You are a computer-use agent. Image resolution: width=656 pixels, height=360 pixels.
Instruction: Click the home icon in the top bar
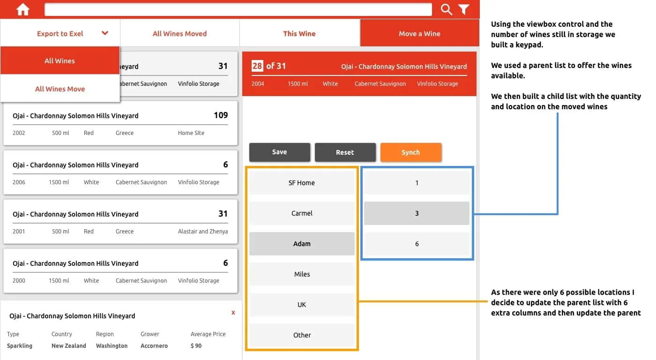(22, 10)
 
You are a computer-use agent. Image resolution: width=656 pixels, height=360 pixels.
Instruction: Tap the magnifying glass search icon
(447, 9)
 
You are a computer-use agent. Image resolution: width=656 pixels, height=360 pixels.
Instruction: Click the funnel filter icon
(463, 9)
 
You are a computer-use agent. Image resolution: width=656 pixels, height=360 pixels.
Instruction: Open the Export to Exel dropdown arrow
(105, 33)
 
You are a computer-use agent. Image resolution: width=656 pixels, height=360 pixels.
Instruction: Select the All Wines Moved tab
(179, 34)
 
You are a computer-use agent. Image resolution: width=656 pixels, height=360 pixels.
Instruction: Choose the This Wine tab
(299, 34)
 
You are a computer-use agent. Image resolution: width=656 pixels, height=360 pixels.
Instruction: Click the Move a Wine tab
(419, 34)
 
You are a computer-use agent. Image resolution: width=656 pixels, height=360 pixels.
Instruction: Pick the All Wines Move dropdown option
(60, 89)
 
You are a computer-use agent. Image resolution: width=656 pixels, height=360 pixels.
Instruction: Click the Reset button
(345, 152)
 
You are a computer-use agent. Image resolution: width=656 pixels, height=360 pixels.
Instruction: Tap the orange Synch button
(410, 152)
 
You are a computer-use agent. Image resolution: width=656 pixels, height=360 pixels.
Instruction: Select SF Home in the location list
(302, 183)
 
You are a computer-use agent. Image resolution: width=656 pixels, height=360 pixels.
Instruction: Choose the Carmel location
(302, 213)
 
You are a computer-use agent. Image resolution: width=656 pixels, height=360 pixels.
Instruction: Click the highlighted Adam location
(302, 244)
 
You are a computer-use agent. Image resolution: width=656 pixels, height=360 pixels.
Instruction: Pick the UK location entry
(302, 305)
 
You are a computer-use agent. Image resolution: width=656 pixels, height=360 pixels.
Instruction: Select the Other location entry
(302, 335)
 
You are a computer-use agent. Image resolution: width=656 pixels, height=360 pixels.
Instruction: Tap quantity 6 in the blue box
(417, 244)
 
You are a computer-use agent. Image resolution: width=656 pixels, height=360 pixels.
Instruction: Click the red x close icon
(233, 313)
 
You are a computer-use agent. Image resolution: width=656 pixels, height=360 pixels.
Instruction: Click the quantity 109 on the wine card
(221, 115)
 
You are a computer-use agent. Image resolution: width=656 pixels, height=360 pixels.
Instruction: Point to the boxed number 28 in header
(257, 66)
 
